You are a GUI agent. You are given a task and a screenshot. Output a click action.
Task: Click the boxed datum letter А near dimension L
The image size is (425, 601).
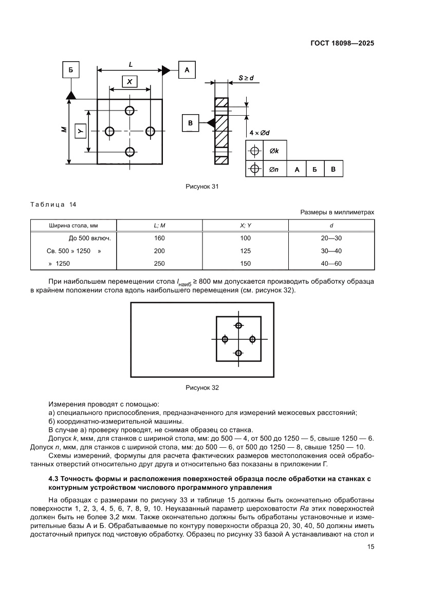point(187,69)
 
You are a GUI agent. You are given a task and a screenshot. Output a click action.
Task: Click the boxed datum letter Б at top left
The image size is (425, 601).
point(70,69)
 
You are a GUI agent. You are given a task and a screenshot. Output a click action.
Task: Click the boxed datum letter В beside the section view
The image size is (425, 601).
point(190,123)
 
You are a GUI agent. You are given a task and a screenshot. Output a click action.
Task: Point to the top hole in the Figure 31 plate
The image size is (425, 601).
point(130,111)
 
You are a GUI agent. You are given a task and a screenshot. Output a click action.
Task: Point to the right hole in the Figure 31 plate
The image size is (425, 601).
point(150,131)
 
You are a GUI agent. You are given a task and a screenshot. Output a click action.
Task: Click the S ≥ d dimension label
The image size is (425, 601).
point(246,78)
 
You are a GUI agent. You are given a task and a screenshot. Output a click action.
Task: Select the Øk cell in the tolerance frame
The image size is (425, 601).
point(274,151)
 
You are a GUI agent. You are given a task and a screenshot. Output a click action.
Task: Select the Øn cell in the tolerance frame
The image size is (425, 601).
point(274,169)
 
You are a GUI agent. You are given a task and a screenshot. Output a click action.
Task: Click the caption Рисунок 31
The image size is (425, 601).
point(202,187)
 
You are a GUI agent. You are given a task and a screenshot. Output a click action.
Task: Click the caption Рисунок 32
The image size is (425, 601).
point(202,388)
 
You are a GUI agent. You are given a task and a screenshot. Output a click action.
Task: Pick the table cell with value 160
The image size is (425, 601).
point(159,238)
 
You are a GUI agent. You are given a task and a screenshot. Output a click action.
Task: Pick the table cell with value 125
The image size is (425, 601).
point(246,251)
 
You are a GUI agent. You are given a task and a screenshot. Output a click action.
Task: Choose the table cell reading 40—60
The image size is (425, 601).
point(331,263)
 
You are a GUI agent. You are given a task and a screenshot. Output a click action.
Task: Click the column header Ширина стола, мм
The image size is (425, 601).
point(73,225)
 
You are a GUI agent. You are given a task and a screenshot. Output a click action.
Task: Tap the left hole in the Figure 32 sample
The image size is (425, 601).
point(225,339)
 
